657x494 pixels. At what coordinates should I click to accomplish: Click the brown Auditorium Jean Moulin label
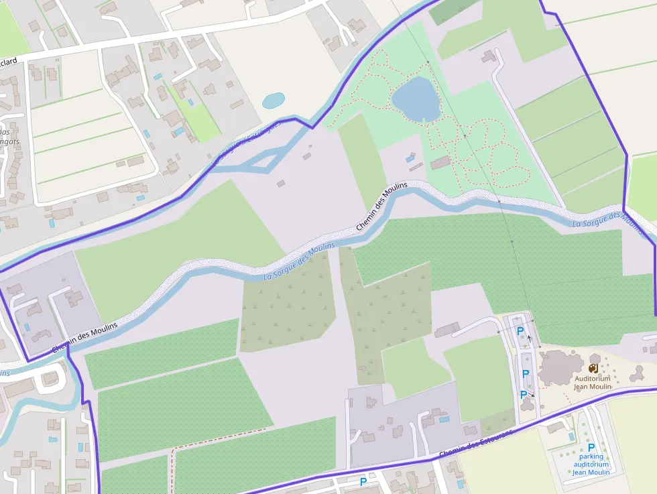point(592,382)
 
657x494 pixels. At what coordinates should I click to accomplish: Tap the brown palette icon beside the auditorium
point(593,368)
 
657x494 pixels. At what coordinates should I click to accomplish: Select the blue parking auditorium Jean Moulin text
point(591,465)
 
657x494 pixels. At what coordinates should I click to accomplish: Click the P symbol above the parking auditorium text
point(591,448)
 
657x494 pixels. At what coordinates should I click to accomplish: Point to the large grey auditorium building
point(560,367)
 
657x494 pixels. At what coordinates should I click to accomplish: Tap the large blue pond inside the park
point(416,100)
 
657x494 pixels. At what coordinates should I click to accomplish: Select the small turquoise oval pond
point(274,101)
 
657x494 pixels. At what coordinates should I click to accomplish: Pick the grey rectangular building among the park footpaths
point(440,162)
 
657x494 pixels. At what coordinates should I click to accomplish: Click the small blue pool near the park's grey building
point(409,158)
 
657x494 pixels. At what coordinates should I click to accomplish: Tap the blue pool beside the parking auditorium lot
point(571,436)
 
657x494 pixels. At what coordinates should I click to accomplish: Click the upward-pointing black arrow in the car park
point(530,338)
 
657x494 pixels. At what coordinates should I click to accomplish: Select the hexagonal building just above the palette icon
point(595,359)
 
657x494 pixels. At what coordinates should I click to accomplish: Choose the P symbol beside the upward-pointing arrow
point(520,330)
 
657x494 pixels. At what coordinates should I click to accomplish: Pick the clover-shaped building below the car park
point(524,405)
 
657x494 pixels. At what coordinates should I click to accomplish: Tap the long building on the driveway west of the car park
point(447,329)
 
